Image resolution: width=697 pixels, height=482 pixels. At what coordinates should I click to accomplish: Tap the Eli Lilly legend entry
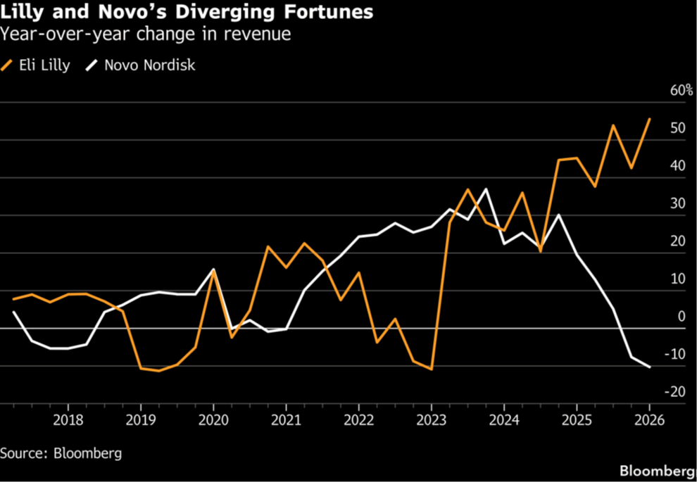[36, 65]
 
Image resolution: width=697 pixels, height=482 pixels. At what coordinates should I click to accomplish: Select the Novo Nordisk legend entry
[141, 65]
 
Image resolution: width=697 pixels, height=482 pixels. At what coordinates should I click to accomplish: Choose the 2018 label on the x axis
[68, 420]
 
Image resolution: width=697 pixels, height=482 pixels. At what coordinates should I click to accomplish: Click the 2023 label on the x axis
[431, 420]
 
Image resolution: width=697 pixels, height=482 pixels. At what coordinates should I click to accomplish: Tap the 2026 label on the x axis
[649, 420]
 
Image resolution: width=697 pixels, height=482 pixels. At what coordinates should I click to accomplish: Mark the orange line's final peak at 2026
[649, 119]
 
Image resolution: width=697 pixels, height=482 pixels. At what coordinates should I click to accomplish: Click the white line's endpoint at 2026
[649, 367]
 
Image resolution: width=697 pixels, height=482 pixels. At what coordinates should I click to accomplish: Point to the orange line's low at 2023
[431, 369]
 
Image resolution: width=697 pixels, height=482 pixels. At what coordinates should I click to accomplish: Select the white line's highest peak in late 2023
[486, 189]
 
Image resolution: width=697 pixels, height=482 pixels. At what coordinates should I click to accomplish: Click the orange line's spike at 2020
[213, 270]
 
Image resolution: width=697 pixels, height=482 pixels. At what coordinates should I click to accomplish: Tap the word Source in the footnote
[24, 454]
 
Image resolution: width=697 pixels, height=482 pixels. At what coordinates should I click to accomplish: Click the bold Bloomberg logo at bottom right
[658, 471]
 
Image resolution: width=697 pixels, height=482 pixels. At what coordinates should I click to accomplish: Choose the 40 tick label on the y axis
[678, 166]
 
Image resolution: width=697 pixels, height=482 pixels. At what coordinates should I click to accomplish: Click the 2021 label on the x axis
[286, 420]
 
